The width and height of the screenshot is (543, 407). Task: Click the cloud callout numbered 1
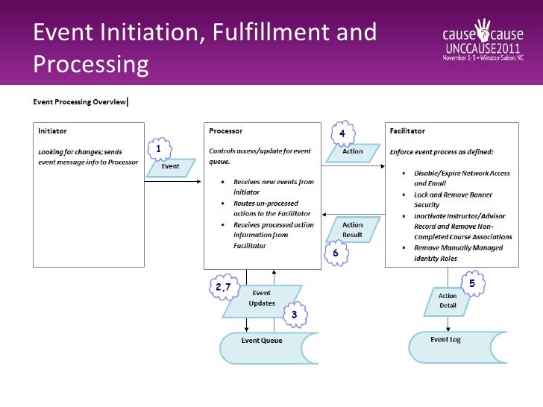click(x=158, y=148)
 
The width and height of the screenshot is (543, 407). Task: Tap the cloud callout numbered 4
click(x=342, y=133)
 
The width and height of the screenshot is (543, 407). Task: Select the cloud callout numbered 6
click(x=336, y=253)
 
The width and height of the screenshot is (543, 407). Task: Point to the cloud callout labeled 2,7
click(x=223, y=288)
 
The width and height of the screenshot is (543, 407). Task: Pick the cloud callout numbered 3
click(x=295, y=315)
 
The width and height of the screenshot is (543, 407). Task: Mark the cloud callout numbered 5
click(x=471, y=283)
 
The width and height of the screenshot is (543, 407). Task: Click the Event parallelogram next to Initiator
click(x=171, y=166)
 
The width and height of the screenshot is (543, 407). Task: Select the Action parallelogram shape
click(x=352, y=151)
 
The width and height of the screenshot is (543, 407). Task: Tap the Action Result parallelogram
click(x=352, y=230)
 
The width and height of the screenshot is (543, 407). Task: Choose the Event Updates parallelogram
click(x=262, y=298)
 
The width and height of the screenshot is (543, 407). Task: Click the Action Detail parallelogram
click(x=448, y=301)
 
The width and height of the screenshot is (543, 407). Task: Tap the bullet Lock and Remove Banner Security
click(x=453, y=200)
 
